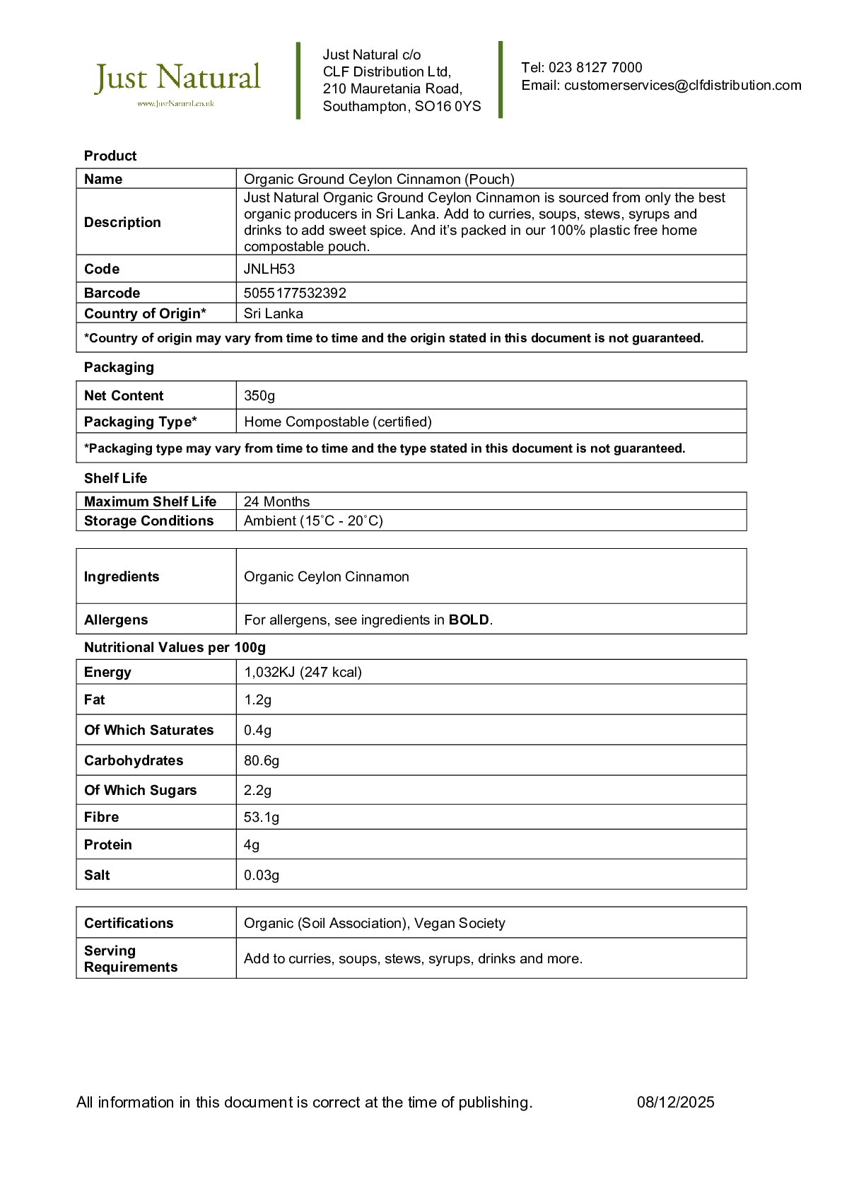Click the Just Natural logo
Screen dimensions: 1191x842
point(177,81)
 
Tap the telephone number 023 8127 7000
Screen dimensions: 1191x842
point(595,68)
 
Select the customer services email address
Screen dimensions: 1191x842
point(682,86)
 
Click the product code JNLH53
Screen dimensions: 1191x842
point(269,269)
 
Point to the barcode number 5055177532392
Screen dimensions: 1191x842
point(295,293)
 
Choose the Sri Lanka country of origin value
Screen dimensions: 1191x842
point(274,313)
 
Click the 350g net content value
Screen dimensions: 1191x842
point(259,395)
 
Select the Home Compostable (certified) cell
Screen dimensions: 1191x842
point(337,422)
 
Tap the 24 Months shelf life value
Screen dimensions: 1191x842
point(276,501)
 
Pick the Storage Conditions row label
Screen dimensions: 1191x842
point(148,521)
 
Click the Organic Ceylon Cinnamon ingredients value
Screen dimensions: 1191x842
point(326,576)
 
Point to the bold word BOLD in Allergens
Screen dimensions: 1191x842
point(469,620)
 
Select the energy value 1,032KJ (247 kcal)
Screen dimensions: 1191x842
point(303,672)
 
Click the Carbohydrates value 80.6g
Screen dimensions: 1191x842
point(262,760)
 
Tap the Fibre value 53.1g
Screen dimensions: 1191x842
point(262,817)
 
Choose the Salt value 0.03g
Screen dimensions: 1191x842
point(262,875)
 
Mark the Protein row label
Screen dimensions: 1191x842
point(108,844)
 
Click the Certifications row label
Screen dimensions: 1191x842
point(129,923)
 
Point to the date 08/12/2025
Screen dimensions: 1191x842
point(675,1102)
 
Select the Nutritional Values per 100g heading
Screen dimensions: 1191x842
point(175,647)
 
